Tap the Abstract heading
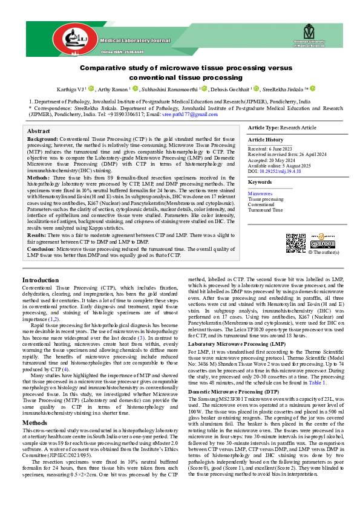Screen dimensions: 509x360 coord(39,131)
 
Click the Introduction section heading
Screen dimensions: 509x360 coord(41,280)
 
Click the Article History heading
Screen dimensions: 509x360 coord(266,140)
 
